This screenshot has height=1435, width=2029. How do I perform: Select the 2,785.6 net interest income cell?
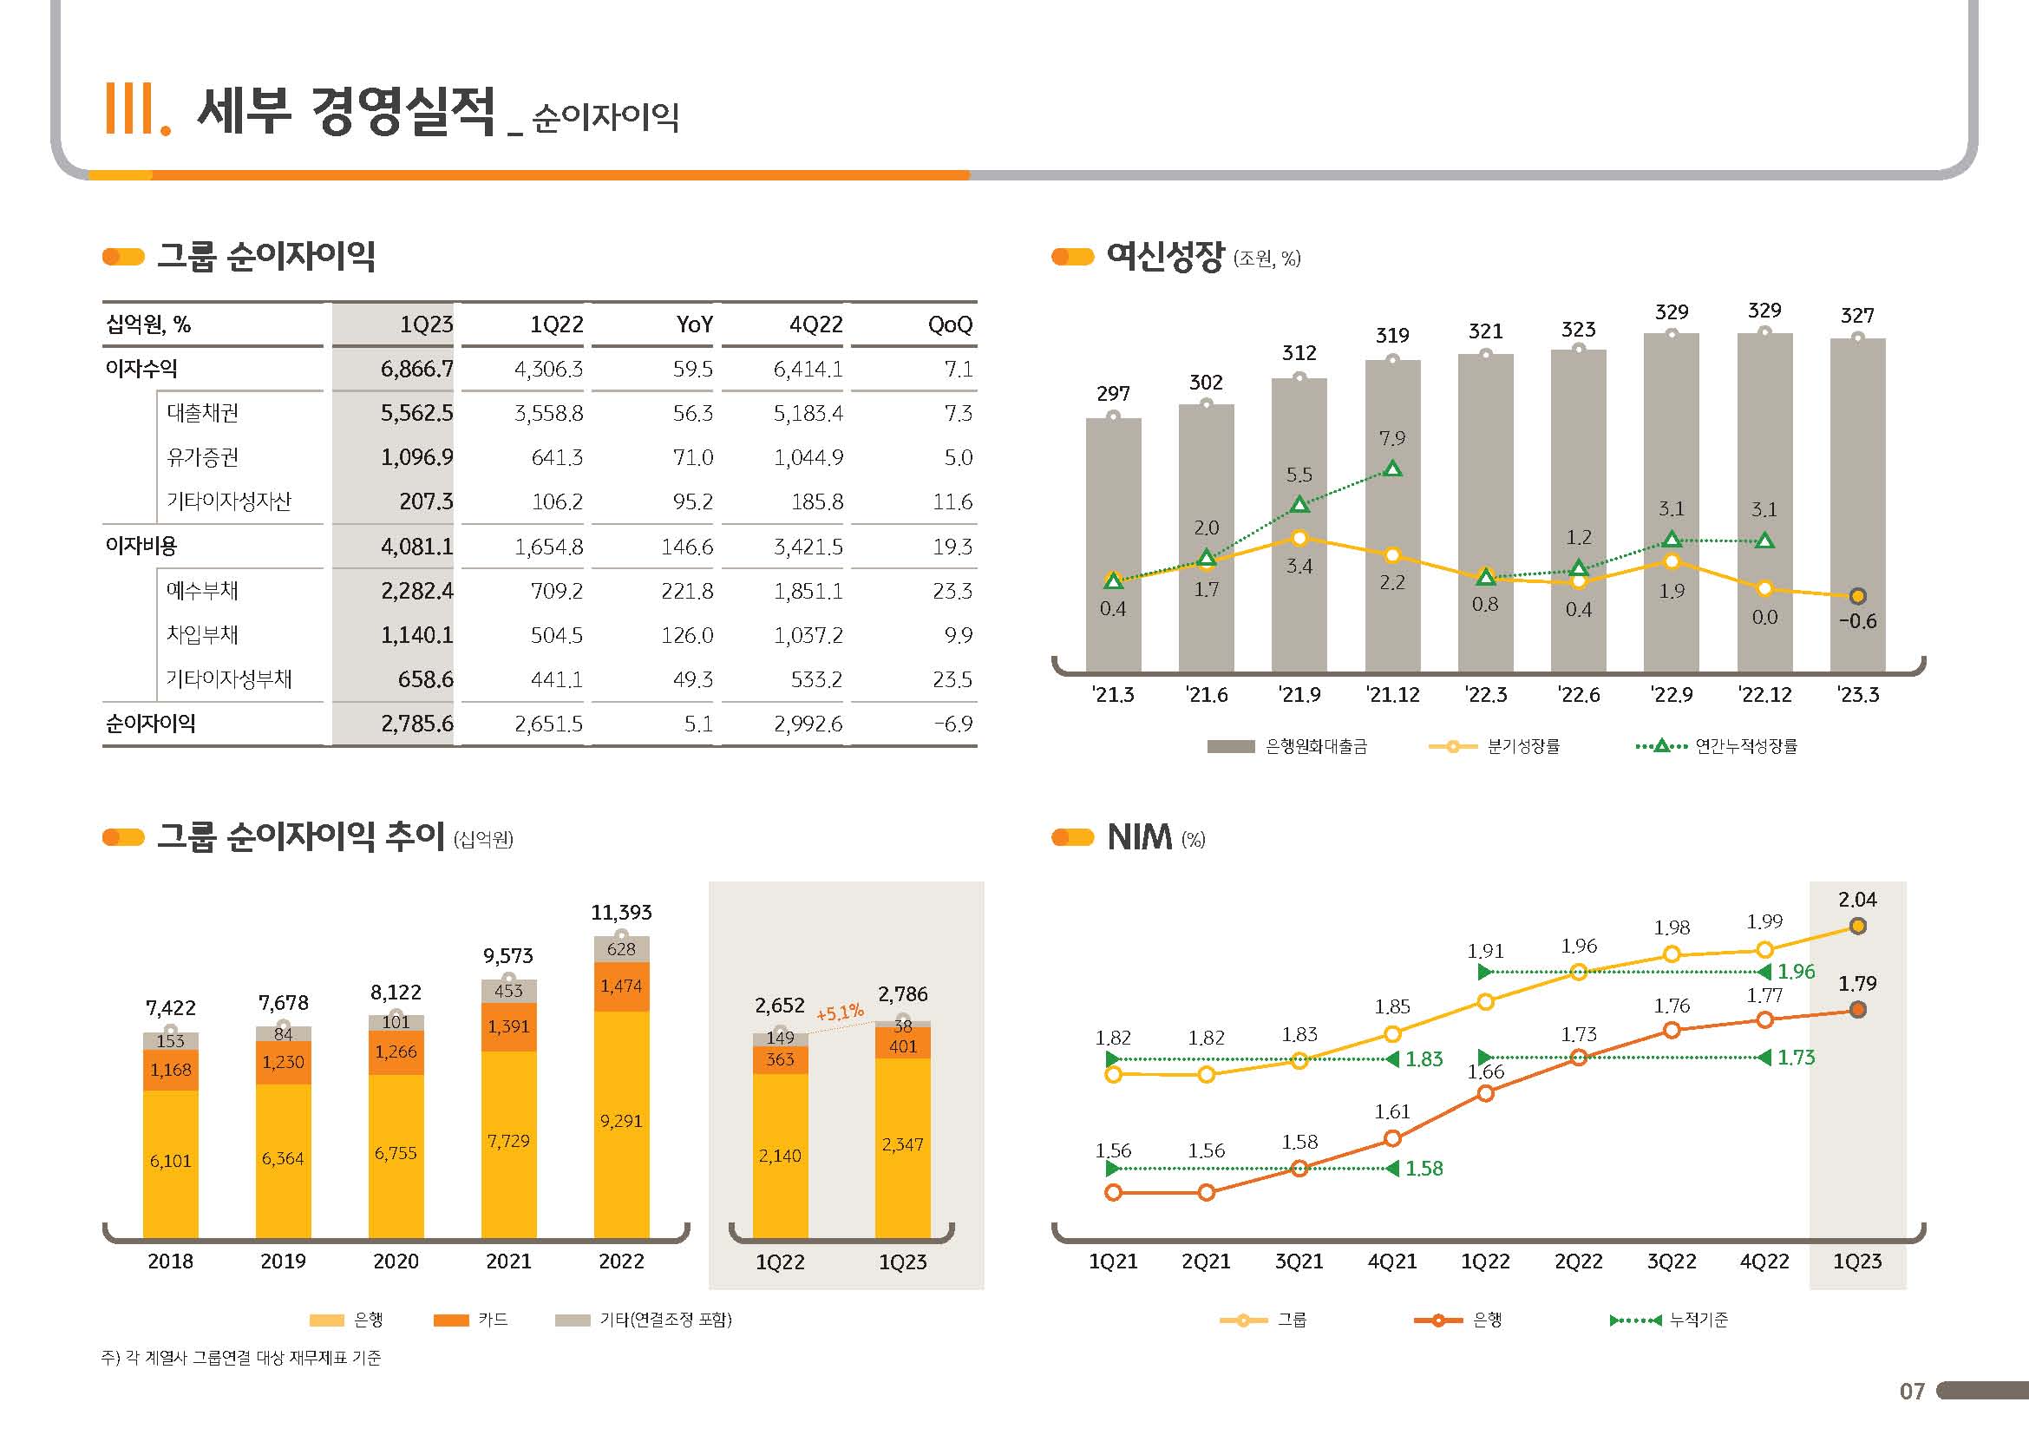[x=416, y=724]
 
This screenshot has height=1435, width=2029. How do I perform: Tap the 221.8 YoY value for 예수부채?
[x=687, y=591]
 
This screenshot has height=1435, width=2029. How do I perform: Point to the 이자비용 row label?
[x=141, y=546]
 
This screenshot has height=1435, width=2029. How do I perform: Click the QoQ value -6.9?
[x=953, y=724]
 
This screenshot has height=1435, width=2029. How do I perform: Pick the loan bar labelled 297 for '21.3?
[x=1113, y=543]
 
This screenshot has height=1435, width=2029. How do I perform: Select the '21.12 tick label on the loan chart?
[x=1393, y=696]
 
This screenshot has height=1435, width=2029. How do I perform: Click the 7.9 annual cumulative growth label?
[x=1391, y=438]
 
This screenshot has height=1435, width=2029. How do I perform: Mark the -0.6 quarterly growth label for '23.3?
[x=1857, y=621]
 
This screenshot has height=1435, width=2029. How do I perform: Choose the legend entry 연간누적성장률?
[x=1745, y=747]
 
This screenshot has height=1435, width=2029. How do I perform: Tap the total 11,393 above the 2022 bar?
[x=621, y=912]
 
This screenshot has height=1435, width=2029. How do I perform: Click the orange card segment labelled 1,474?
[x=621, y=986]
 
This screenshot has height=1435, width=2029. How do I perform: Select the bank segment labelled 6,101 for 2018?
[x=171, y=1161]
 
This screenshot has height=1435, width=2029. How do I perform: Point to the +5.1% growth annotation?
[x=840, y=1012]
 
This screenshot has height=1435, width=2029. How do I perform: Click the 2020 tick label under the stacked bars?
[x=396, y=1261]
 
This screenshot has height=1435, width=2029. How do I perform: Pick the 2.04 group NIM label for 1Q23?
[x=1856, y=900]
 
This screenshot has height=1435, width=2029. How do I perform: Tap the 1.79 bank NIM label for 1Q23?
[x=1856, y=984]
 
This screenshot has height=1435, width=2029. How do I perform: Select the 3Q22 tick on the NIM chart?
[x=1671, y=1261]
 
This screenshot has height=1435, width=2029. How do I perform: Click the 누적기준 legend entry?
[x=1698, y=1320]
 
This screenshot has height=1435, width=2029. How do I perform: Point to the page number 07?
[x=1912, y=1392]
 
